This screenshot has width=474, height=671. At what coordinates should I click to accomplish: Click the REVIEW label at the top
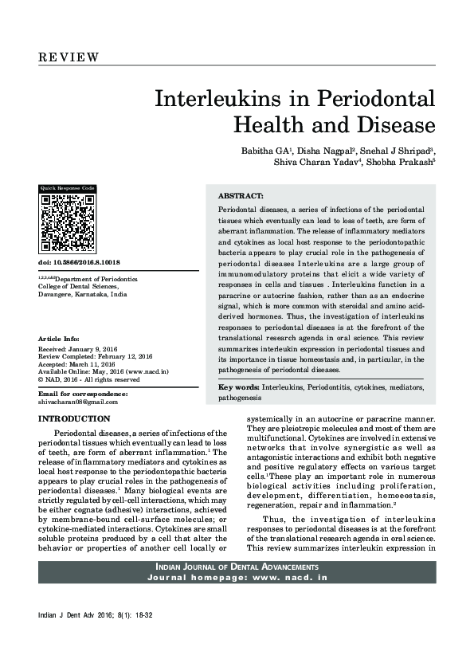click(x=69, y=57)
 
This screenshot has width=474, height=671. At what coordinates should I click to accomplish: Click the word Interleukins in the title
click(x=232, y=100)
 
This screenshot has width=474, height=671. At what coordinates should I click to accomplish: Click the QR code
click(x=69, y=223)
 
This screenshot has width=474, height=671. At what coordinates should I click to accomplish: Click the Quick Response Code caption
click(x=68, y=188)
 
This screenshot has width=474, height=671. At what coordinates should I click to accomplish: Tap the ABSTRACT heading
click(x=241, y=195)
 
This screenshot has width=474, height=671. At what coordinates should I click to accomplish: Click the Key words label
click(x=237, y=387)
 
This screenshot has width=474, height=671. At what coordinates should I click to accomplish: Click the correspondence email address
click(x=78, y=402)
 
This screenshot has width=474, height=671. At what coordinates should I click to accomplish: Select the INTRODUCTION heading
click(x=74, y=418)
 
